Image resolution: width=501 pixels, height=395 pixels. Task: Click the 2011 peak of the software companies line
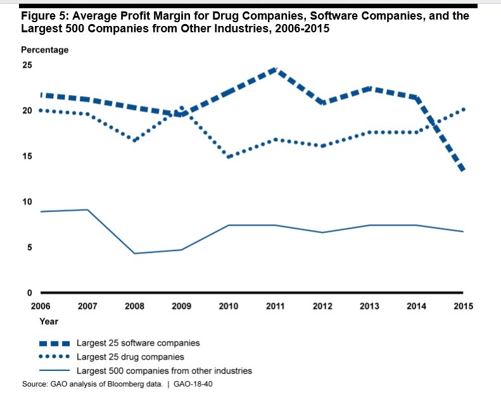tap(275, 69)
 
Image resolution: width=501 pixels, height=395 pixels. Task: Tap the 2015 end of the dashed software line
tap(463, 170)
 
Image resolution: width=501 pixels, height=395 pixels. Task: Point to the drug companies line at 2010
tap(228, 156)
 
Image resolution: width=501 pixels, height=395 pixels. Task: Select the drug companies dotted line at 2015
tap(463, 110)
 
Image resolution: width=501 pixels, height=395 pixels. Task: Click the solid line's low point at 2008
tap(134, 253)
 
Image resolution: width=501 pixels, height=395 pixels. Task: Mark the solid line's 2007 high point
tap(87, 210)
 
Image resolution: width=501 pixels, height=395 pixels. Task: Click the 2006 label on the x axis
tap(41, 306)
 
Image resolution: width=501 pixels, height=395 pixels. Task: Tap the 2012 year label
tap(322, 306)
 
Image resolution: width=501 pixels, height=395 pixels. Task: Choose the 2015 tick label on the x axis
tap(463, 306)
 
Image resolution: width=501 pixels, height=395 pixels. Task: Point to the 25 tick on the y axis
tap(27, 65)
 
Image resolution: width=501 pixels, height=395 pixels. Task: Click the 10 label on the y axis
tap(27, 202)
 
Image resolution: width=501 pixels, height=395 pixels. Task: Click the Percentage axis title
tap(45, 50)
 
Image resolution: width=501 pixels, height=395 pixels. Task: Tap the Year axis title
tap(49, 322)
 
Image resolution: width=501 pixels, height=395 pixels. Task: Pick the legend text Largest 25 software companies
tap(138, 343)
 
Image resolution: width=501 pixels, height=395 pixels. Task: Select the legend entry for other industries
tap(164, 370)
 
